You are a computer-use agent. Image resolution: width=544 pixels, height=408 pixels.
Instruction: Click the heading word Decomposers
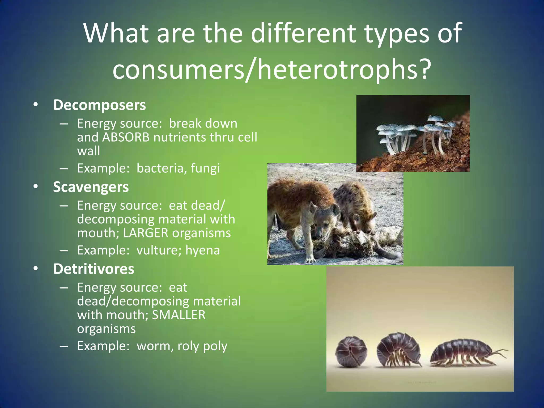99,105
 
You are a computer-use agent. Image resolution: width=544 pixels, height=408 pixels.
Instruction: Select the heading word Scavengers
91,187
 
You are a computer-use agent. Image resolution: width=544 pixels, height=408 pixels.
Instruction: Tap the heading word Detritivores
93,269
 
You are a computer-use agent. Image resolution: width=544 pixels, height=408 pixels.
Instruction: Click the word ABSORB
126,137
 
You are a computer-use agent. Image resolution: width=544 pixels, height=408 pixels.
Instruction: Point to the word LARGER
146,233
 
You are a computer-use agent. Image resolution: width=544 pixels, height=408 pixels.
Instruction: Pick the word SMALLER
178,315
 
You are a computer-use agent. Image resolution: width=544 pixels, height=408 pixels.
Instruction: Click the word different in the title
303,33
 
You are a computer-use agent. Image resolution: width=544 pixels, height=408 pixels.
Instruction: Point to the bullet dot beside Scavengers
36,187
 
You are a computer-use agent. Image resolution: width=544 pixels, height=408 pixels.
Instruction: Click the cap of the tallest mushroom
436,118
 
